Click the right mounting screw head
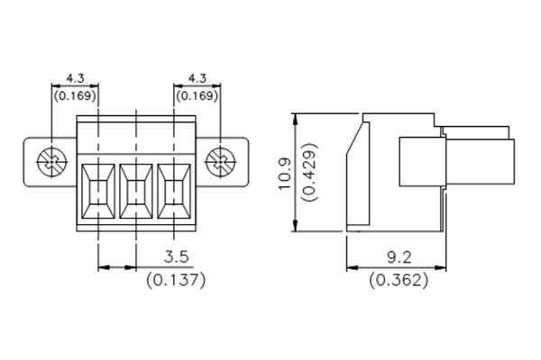[x=219, y=163]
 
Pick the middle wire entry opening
[x=135, y=191]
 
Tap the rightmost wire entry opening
[x=175, y=191]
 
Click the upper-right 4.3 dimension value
[x=197, y=77]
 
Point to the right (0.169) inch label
[x=197, y=94]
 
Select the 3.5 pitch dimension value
[x=176, y=256]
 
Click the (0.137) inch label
[x=176, y=279]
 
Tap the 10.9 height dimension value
[x=282, y=173]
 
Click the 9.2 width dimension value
[x=399, y=256]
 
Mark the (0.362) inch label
[x=399, y=279]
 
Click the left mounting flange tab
[x=36, y=163]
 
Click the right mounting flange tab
[x=236, y=163]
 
